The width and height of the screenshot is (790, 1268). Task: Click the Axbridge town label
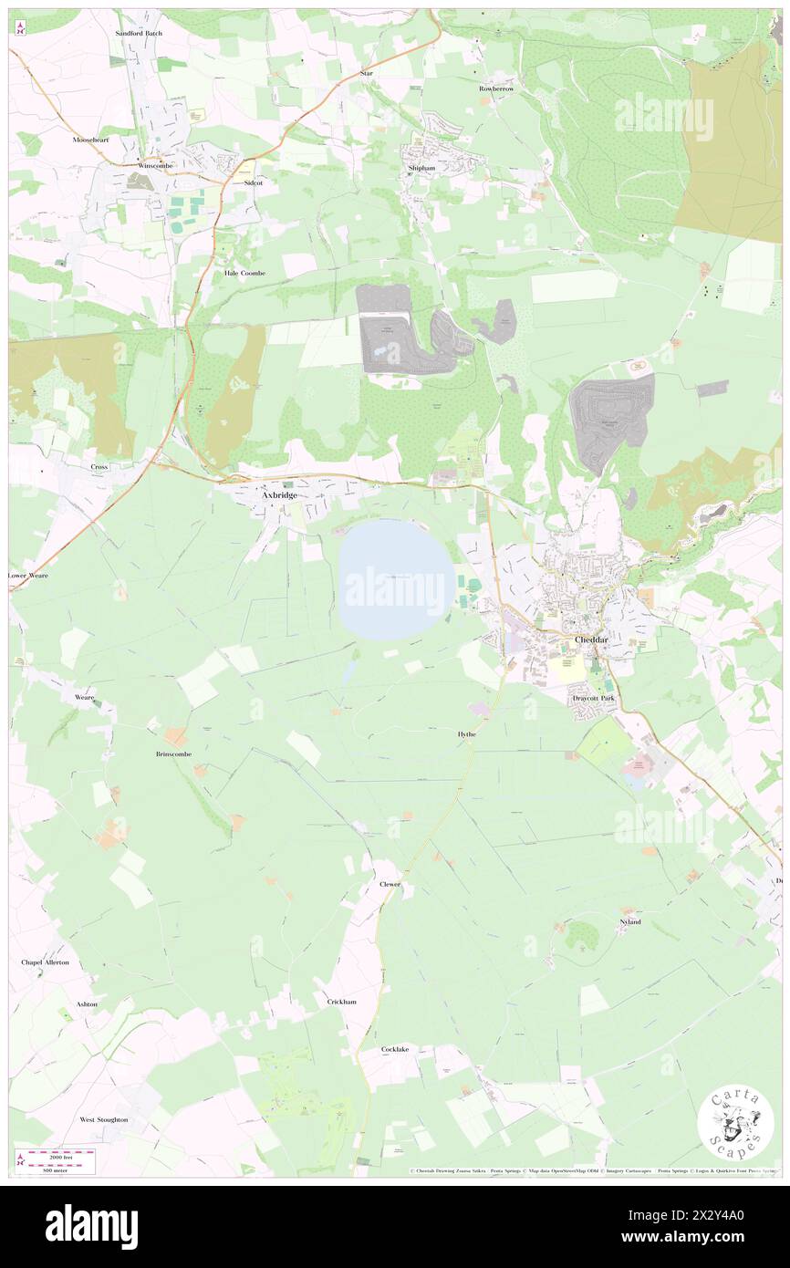click(279, 495)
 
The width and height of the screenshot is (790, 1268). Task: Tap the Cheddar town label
click(591, 640)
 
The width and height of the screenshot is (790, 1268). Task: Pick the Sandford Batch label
click(139, 33)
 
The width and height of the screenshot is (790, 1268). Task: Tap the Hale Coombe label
click(244, 273)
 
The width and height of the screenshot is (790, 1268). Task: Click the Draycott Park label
click(594, 698)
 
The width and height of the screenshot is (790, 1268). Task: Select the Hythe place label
click(466, 733)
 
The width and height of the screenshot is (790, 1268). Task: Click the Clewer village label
click(390, 884)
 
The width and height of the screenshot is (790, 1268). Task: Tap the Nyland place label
click(629, 922)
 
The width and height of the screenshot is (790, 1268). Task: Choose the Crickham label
click(341, 1002)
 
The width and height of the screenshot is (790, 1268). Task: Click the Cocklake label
click(395, 1049)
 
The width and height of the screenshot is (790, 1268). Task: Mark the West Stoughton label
click(103, 1119)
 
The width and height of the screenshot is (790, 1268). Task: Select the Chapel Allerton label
click(46, 962)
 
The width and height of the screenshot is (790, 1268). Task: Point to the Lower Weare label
click(28, 576)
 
